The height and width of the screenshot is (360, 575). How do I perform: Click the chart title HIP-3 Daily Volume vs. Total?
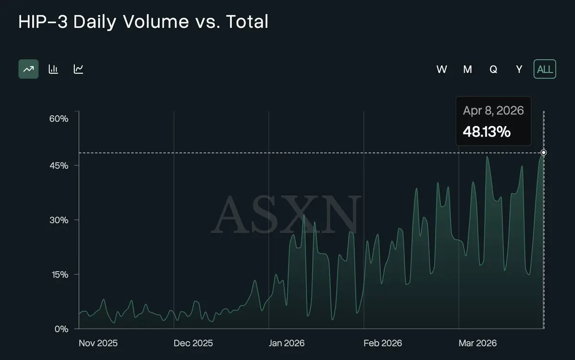point(143,22)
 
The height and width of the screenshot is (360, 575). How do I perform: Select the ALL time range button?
point(545,69)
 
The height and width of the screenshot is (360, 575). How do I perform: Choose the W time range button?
point(442,70)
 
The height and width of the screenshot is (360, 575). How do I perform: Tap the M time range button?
point(468,70)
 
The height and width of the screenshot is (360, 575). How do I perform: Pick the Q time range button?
point(493,70)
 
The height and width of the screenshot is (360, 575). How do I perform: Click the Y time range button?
point(519,70)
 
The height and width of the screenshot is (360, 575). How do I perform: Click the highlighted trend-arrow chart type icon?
point(29,69)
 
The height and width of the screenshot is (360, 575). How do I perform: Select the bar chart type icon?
point(53,69)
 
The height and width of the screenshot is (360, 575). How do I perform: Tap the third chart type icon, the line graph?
point(79,69)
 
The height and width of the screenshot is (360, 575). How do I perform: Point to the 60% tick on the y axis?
point(59,118)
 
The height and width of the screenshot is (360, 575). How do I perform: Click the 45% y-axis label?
point(59,165)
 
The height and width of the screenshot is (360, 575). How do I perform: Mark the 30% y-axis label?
point(59,220)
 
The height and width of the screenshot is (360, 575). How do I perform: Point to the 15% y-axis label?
point(59,275)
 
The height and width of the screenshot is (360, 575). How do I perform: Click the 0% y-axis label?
point(61,329)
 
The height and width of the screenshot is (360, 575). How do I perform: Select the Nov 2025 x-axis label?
point(98,343)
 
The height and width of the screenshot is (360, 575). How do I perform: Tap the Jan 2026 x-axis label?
point(287,343)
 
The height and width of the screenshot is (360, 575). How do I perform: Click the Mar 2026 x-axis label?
point(477,343)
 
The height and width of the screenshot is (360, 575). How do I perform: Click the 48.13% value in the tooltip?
point(486,131)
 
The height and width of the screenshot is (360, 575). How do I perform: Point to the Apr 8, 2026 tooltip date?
point(493,111)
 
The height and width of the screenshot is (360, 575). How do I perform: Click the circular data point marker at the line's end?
point(543,153)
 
